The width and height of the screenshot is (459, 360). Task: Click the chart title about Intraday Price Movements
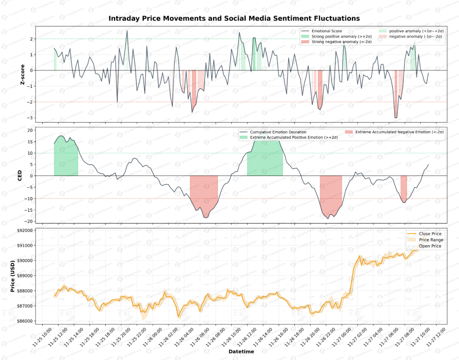234,19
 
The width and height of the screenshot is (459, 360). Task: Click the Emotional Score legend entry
326,31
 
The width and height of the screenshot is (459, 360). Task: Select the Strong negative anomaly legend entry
341,42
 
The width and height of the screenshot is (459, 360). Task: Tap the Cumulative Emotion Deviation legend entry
278,132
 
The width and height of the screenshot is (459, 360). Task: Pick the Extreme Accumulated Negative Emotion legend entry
399,132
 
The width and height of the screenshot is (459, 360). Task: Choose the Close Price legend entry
430,234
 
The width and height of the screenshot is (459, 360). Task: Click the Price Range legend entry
431,240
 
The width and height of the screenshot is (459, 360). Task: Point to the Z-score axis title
23,75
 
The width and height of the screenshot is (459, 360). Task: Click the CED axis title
20,175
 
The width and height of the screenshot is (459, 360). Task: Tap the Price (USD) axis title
13,276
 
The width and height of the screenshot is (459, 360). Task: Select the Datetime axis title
241,352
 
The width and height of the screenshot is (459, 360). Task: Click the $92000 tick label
25,231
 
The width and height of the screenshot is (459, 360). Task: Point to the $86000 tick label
25,321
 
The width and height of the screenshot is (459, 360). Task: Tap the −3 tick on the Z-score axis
31,118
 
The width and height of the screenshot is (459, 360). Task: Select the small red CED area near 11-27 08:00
404,186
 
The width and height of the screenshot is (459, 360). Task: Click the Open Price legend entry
430,246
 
